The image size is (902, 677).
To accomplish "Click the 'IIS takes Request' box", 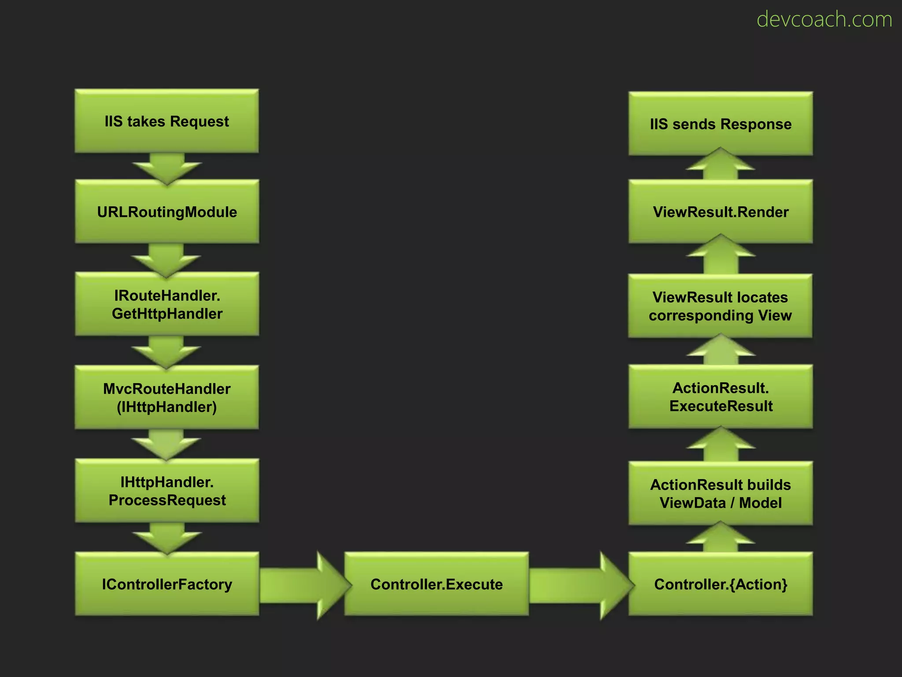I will coord(166,121).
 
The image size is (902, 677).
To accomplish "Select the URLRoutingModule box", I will coord(166,212).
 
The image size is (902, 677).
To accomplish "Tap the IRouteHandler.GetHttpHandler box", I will coord(166,304).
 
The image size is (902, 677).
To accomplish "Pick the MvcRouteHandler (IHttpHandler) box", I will coord(166,397).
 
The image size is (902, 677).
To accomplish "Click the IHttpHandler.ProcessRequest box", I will coord(166,491).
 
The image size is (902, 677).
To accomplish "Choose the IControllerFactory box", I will coord(166,584).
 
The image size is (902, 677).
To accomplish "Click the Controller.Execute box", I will coord(436,584).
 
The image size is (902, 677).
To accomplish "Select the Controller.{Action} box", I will coord(721,584).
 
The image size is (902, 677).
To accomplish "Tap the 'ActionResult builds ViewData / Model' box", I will coord(721,493).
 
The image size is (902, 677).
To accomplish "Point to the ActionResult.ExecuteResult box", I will coord(721,397).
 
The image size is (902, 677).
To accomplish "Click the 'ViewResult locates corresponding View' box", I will coord(721,306).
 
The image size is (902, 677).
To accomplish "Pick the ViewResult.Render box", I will coord(721,212).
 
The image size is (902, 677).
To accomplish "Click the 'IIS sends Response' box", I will coord(721,124).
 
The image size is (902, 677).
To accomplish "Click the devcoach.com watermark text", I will coord(824,19).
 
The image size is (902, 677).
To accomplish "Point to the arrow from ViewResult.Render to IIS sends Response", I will coord(721,165).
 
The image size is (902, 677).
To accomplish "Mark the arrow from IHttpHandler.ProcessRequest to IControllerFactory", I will coord(167,537).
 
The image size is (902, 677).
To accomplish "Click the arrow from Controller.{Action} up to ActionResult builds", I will coord(721,539).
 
